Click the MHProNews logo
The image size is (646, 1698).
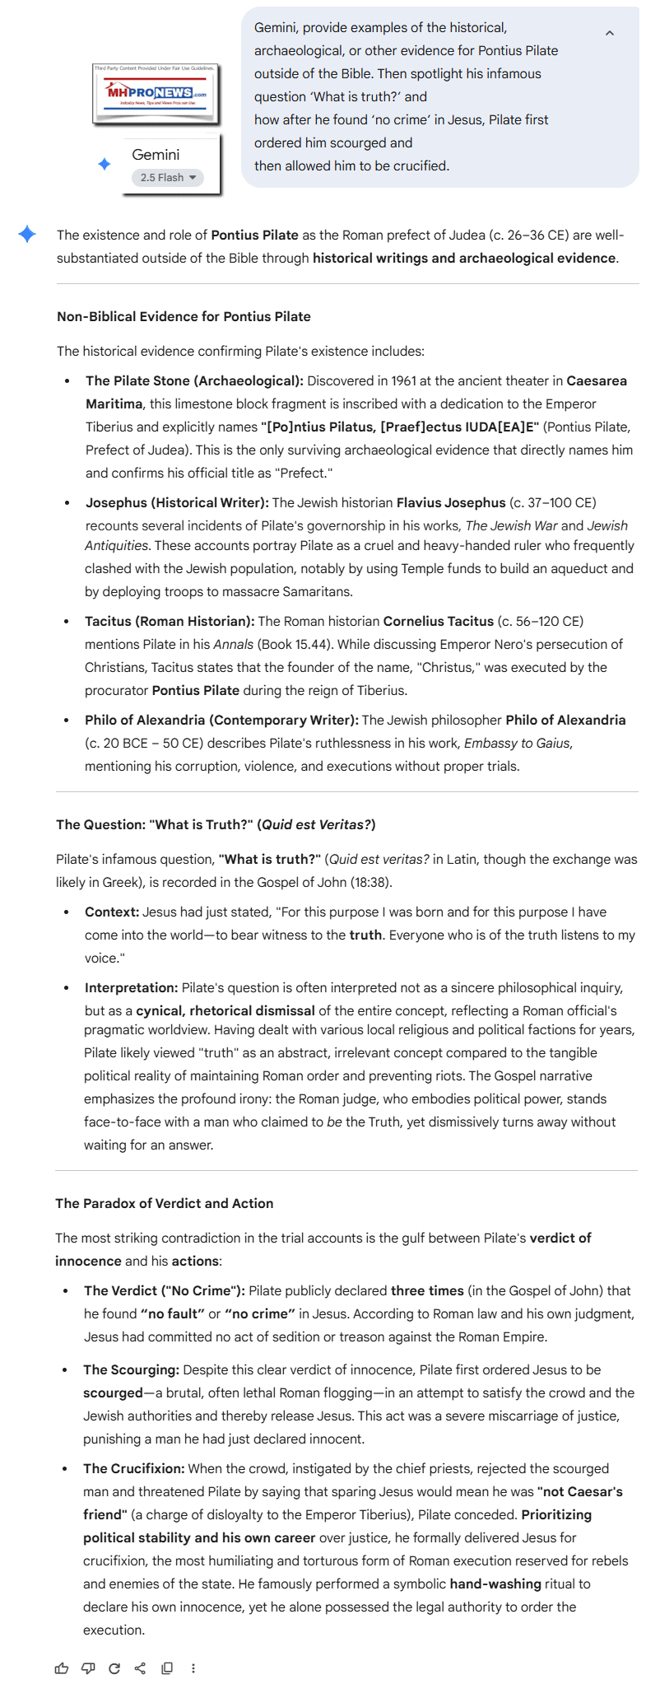156,94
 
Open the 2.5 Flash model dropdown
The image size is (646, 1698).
168,178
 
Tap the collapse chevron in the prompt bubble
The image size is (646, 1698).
610,34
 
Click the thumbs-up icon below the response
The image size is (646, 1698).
62,1668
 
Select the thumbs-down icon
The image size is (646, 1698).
88,1668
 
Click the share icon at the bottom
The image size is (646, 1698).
140,1668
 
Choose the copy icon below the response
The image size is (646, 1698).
167,1668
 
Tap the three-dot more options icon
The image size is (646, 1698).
193,1668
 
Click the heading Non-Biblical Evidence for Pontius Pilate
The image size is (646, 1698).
184,316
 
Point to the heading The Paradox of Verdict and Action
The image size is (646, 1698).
165,1203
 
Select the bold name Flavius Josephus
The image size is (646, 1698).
451,502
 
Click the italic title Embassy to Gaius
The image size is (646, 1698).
517,743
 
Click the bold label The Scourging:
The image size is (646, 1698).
131,1369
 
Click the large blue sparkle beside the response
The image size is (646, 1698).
27,234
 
